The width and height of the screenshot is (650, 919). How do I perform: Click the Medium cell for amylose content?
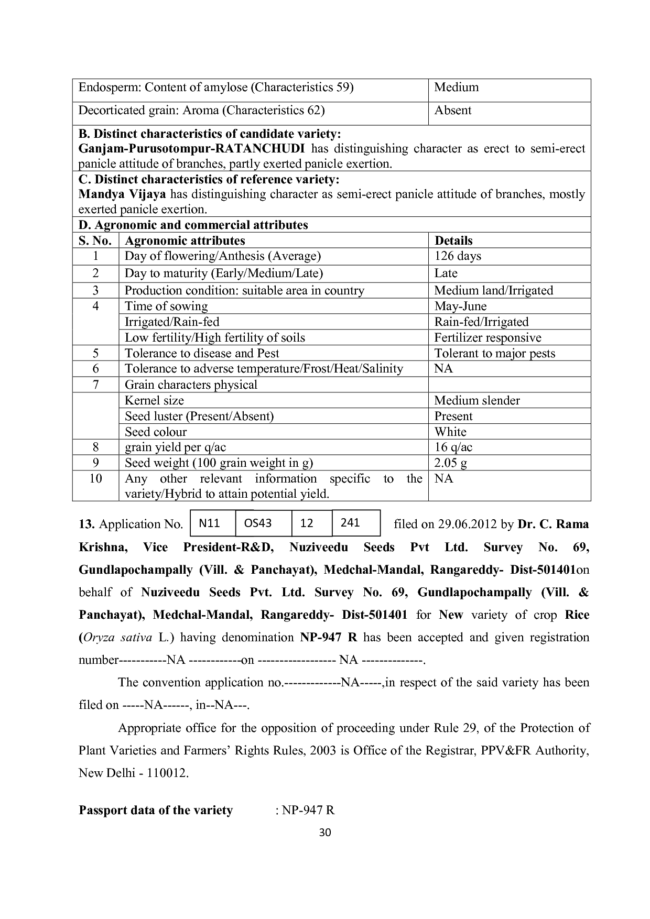pyautogui.click(x=457, y=87)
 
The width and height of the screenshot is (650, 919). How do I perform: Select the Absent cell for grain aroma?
pyautogui.click(x=453, y=111)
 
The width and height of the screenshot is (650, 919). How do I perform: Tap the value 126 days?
pyautogui.click(x=458, y=256)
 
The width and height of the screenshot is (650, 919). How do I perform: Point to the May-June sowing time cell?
pyautogui.click(x=460, y=307)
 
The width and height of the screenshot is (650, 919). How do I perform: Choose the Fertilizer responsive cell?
pyautogui.click(x=487, y=338)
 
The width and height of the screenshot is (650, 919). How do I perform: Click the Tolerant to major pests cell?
pyautogui.click(x=494, y=354)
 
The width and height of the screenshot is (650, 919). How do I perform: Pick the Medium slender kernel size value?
pyautogui.click(x=477, y=401)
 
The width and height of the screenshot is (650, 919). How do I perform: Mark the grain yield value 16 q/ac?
pyautogui.click(x=453, y=447)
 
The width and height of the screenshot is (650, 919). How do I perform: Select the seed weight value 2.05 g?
pyautogui.click(x=451, y=463)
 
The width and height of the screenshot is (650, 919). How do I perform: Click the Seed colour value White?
pyautogui.click(x=450, y=432)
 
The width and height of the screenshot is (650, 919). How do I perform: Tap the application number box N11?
pyautogui.click(x=210, y=523)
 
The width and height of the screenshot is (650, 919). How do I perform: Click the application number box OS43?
pyautogui.click(x=258, y=523)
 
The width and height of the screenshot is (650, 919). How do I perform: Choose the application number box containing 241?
pyautogui.click(x=350, y=523)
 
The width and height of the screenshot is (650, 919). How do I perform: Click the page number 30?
pyautogui.click(x=325, y=833)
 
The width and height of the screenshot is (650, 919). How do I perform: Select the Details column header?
pyautogui.click(x=453, y=241)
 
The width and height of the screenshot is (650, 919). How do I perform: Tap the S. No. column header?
pyautogui.click(x=95, y=241)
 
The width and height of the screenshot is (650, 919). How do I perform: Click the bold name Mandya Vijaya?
pyautogui.click(x=122, y=194)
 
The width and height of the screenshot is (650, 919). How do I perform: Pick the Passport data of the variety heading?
pyautogui.click(x=156, y=811)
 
